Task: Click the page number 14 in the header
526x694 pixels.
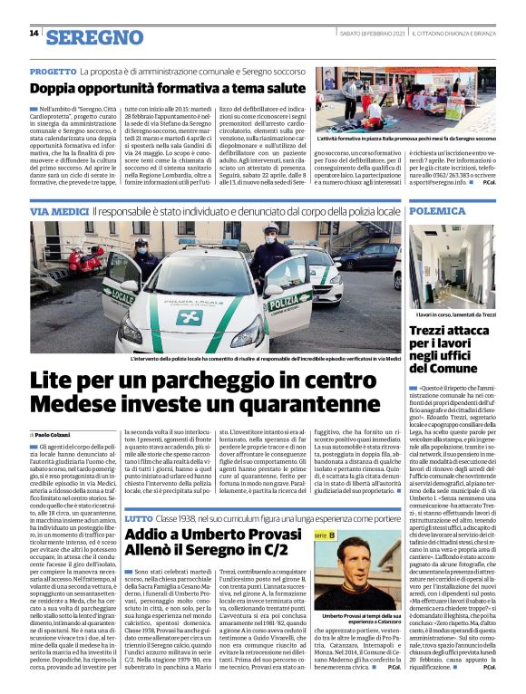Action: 34,33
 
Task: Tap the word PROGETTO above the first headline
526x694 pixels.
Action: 53,70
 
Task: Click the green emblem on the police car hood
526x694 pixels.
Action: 190,317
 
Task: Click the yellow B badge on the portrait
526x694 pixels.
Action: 330,535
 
